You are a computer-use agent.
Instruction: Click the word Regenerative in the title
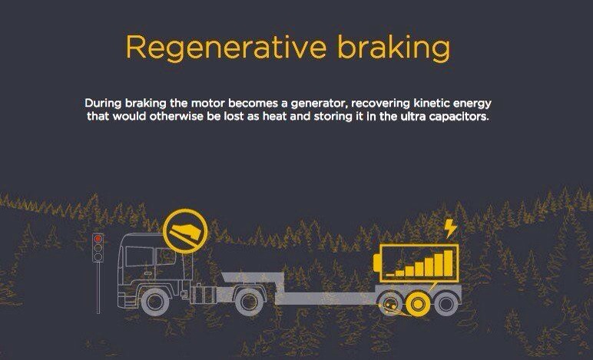226,48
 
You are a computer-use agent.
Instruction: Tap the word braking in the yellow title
394,48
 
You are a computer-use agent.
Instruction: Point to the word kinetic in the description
431,103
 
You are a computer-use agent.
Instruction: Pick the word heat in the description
275,116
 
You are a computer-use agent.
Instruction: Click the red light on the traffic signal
98,239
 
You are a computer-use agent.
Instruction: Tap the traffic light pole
98,288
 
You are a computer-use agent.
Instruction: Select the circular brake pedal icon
185,231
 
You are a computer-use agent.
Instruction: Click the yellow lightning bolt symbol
450,229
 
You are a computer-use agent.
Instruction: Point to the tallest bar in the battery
448,263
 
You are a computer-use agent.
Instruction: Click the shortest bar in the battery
390,275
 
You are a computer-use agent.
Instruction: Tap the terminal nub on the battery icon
376,263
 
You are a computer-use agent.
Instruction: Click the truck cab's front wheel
154,302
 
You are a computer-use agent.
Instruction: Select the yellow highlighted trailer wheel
418,304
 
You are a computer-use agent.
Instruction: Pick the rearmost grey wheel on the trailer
446,303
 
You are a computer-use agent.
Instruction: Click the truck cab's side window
140,257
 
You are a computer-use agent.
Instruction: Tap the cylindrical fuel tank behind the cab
204,295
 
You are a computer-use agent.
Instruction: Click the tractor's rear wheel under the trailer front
248,302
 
